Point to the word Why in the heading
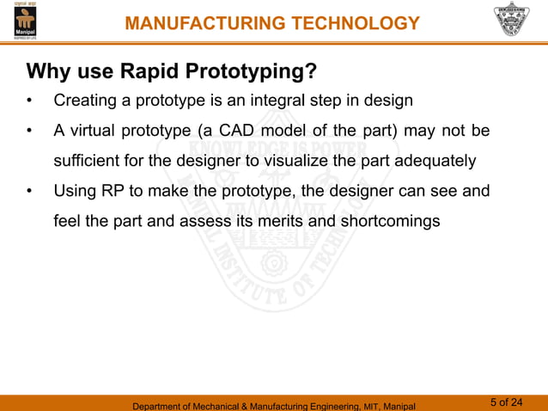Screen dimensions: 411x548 click(x=48, y=69)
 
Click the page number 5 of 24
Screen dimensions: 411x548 click(x=506, y=402)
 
